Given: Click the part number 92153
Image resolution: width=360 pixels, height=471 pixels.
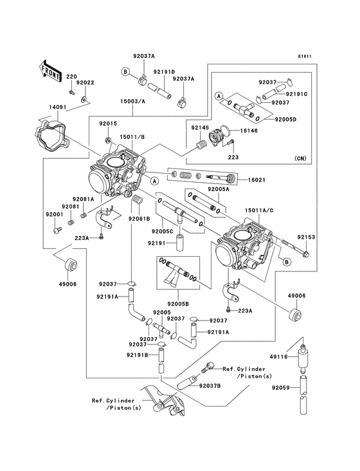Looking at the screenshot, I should (306, 237).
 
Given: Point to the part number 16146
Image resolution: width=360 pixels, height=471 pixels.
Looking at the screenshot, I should (250, 130).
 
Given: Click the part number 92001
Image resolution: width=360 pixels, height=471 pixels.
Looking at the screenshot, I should (53, 214).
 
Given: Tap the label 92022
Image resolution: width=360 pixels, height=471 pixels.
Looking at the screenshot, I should (85, 82).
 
